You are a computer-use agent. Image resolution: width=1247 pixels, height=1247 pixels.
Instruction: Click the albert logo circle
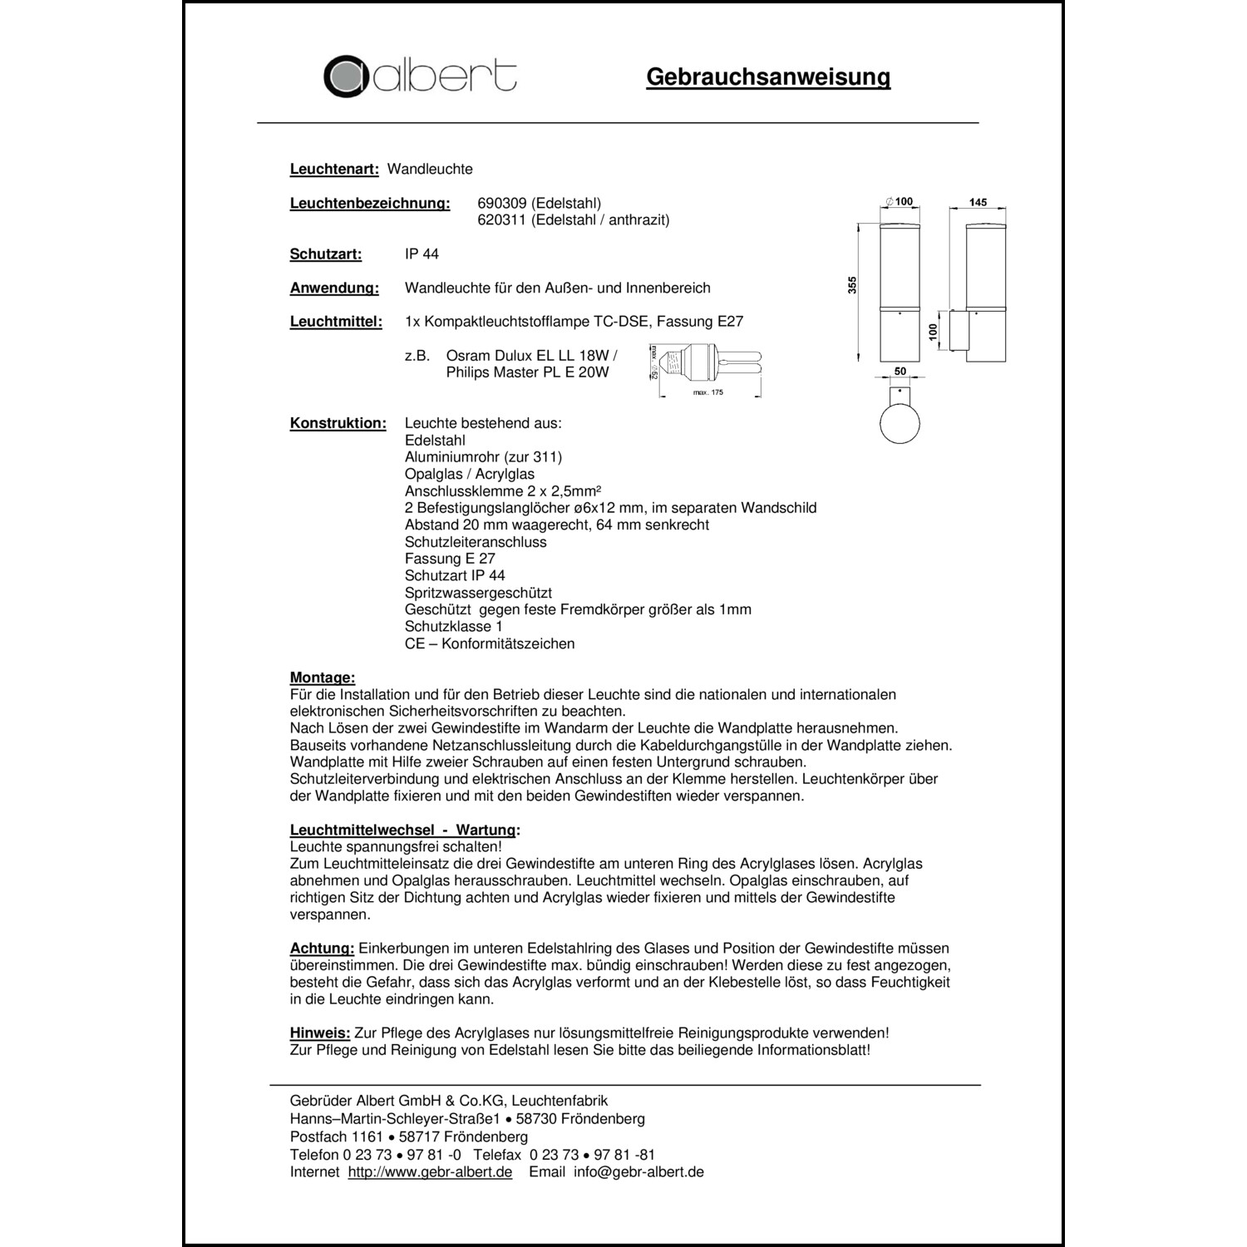[x=347, y=76]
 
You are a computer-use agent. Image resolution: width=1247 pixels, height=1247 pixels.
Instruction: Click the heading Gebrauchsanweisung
[x=767, y=77]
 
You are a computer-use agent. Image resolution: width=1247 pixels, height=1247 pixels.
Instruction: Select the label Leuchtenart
[x=334, y=169]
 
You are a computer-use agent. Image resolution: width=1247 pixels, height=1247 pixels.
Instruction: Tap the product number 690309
[x=502, y=203]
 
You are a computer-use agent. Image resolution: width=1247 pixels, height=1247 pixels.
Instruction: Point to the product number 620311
[x=502, y=219]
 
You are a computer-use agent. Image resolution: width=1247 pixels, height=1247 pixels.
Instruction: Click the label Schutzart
[x=326, y=254]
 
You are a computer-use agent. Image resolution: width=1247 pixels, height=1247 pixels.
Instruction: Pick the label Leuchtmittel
[x=336, y=322]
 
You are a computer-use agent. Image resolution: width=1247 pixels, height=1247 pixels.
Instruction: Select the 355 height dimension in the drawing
[x=851, y=285]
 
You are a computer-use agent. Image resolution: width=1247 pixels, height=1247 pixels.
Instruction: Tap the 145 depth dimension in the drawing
[x=978, y=203]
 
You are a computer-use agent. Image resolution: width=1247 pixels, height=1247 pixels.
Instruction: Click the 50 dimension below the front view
[x=900, y=371]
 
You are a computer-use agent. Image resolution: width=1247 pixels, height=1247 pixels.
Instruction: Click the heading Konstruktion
[x=338, y=423]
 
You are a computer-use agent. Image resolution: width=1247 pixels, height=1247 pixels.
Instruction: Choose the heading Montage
[x=323, y=678]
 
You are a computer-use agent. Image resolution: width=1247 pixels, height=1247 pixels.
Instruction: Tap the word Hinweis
[x=320, y=1033]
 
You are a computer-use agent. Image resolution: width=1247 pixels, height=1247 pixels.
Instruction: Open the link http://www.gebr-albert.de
[x=430, y=1171]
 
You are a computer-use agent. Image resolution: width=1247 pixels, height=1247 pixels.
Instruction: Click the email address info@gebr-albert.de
[x=638, y=1171]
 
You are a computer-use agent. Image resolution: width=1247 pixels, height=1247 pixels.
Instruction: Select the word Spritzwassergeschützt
[x=478, y=593]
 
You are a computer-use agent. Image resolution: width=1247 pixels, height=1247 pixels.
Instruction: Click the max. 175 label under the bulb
[x=708, y=392]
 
